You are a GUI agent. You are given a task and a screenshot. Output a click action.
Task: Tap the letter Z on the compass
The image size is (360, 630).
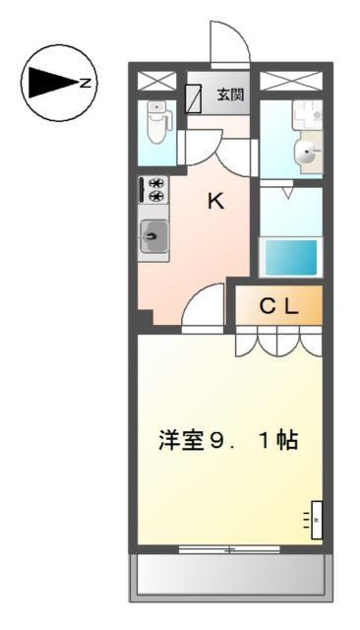[x=86, y=84]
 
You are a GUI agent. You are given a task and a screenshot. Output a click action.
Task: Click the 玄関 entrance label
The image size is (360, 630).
[x=230, y=95]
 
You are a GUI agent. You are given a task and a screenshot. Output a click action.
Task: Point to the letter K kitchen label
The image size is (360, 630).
[x=215, y=202]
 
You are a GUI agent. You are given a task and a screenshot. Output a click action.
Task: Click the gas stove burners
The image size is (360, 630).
[x=155, y=189]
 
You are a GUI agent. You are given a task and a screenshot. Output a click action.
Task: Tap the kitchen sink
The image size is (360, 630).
[x=154, y=235]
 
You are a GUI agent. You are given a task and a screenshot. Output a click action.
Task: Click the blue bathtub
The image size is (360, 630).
[x=289, y=256]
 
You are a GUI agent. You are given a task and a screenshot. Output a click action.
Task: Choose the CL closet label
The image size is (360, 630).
[x=277, y=306]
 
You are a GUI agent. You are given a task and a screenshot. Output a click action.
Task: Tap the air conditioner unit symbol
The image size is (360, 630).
[x=317, y=519]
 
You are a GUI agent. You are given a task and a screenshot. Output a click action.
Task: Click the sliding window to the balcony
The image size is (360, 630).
[x=229, y=548]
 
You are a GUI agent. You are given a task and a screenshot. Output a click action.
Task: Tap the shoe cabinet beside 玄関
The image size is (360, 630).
[x=195, y=96]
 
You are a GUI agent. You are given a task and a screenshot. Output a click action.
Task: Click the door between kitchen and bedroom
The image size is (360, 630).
[x=205, y=309]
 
